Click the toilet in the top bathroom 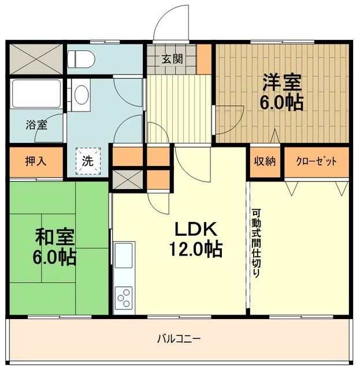tap(81, 58)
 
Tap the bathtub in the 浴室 tap(36, 94)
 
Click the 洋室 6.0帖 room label tap(283, 92)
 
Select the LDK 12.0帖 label tap(195, 239)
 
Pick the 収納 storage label tap(265, 161)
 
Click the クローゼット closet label tap(316, 161)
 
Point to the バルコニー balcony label tap(179, 338)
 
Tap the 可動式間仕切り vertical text tap(256, 242)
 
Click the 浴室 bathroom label tap(36, 124)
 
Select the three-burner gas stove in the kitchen tap(124, 298)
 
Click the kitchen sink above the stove tap(124, 256)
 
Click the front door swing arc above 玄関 tap(172, 23)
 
